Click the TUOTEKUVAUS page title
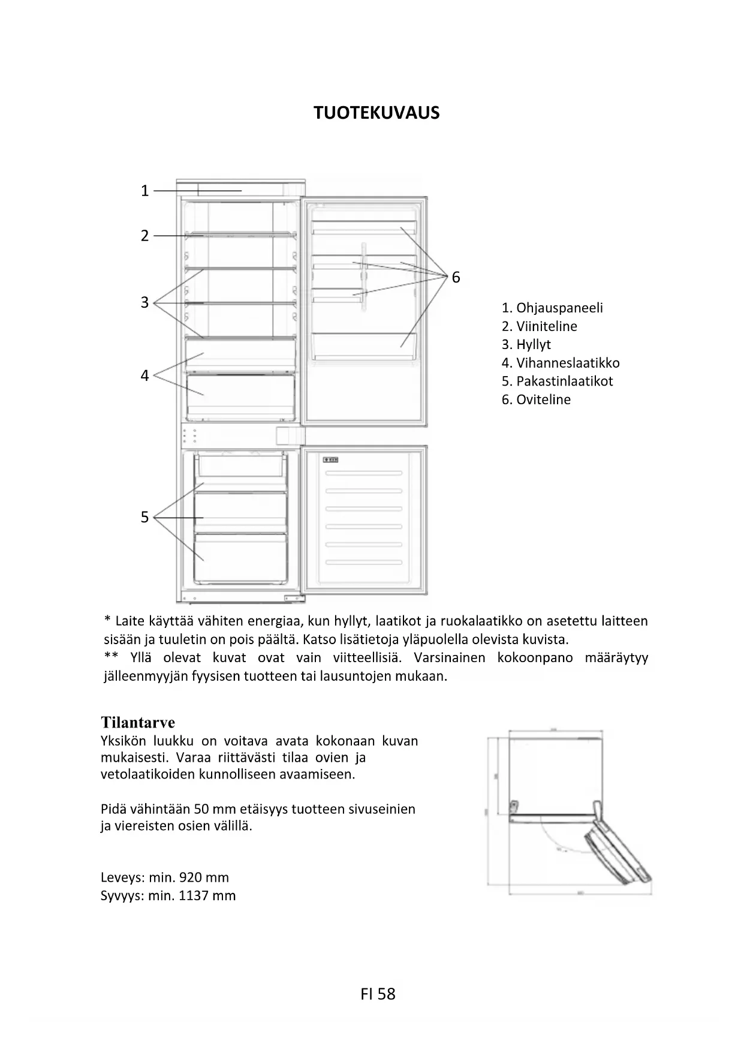tap(376, 113)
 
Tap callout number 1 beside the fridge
tap(144, 191)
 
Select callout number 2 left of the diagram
tap(144, 236)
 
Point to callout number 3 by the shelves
tap(144, 302)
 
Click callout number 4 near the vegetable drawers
tap(144, 376)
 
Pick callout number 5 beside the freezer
tap(144, 517)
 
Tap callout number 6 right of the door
tap(456, 277)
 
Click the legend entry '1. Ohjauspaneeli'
tap(552, 308)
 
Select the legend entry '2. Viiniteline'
tap(539, 326)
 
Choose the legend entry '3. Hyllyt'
tap(526, 344)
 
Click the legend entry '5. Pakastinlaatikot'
tap(557, 381)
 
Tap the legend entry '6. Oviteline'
tap(536, 399)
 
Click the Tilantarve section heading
tap(138, 722)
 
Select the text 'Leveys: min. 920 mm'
tap(165, 877)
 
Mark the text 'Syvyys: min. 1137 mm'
tap(168, 895)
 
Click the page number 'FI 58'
tap(378, 994)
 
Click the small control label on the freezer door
tap(331, 460)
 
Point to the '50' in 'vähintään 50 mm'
tap(202, 809)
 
